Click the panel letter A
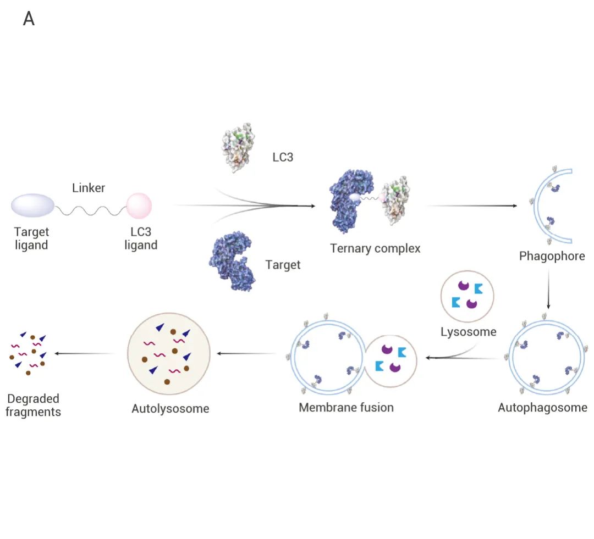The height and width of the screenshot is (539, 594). [x=29, y=19]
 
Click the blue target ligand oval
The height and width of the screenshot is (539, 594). [x=33, y=206]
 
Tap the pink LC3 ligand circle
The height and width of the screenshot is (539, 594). [x=139, y=206]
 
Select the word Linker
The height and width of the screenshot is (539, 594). [x=89, y=188]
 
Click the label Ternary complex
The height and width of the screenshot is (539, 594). [x=375, y=248]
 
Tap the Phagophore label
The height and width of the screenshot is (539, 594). [x=552, y=256]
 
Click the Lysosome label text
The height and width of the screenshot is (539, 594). [x=468, y=332]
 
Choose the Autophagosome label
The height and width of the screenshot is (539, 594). [x=542, y=407]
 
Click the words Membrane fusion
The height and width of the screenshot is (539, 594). [x=346, y=407]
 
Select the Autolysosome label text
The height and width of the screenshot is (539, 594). [x=170, y=409]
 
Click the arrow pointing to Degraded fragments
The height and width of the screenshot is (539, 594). [x=85, y=353]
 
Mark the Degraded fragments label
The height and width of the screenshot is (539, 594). [x=33, y=405]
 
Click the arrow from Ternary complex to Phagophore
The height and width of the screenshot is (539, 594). [x=471, y=205]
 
